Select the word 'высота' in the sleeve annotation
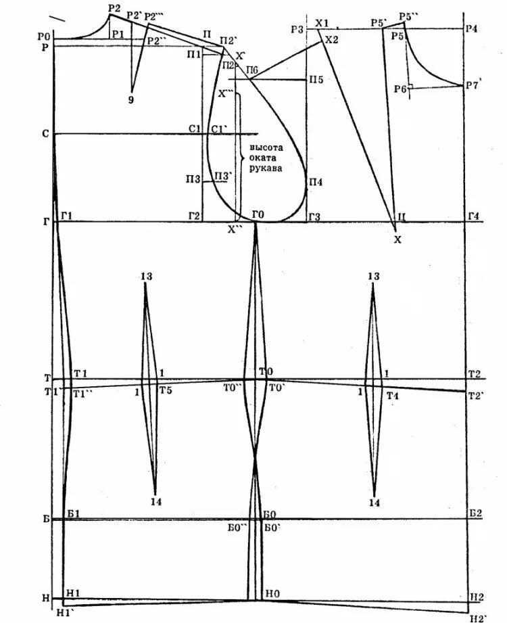click(266, 147)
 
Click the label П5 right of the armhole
click(316, 79)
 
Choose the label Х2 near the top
click(331, 41)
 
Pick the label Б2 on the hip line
click(475, 514)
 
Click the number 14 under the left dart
click(156, 502)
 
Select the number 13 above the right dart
click(373, 277)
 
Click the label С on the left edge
click(45, 135)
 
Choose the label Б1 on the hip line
click(74, 514)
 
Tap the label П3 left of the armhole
click(193, 179)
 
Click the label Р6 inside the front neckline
click(400, 89)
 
